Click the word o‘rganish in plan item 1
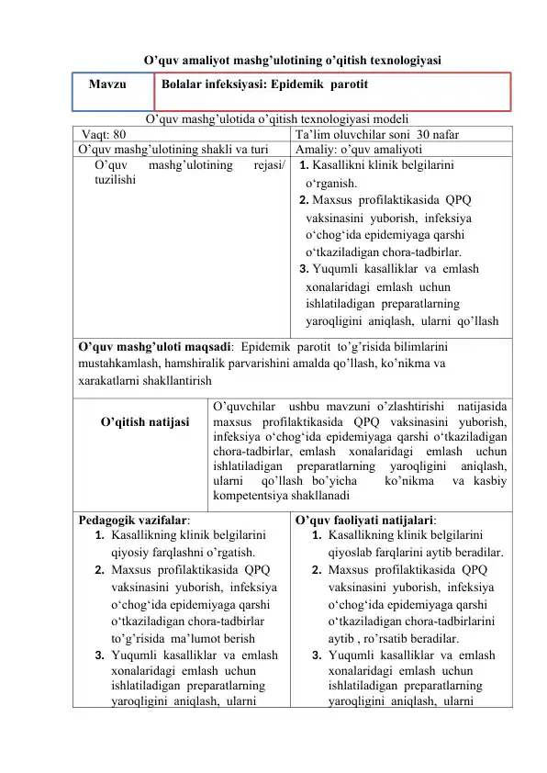click(334, 184)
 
